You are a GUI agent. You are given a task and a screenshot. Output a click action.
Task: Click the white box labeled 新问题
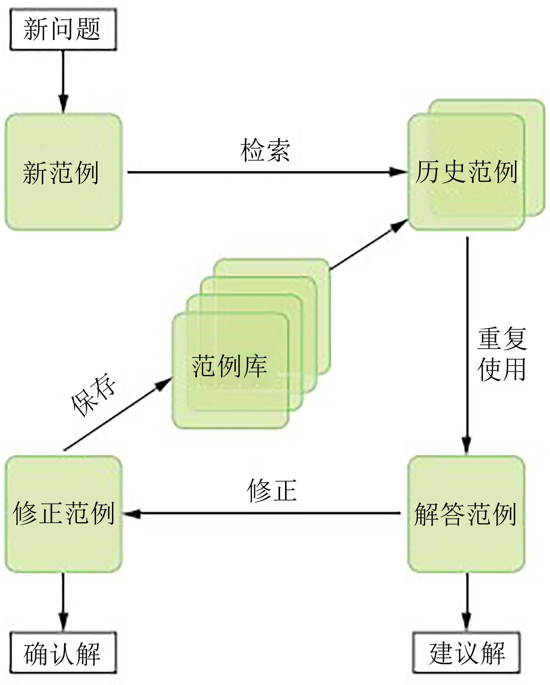[63, 29]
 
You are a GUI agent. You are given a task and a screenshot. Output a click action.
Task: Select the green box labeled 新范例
[63, 172]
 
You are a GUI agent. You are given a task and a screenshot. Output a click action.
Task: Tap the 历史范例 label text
[466, 172]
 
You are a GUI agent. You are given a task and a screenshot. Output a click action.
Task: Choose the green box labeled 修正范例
[63, 513]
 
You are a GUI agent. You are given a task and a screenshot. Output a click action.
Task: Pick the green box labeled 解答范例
[466, 513]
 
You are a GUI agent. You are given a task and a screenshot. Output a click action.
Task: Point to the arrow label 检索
[265, 150]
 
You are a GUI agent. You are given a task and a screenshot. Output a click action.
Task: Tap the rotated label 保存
[93, 395]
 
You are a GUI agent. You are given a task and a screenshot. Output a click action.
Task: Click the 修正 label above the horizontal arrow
[272, 491]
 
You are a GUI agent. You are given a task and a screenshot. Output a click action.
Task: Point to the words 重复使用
[502, 354]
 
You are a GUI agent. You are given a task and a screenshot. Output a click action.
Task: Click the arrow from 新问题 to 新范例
[63, 81]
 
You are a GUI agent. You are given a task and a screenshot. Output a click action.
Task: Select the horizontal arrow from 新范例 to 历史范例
[267, 172]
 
